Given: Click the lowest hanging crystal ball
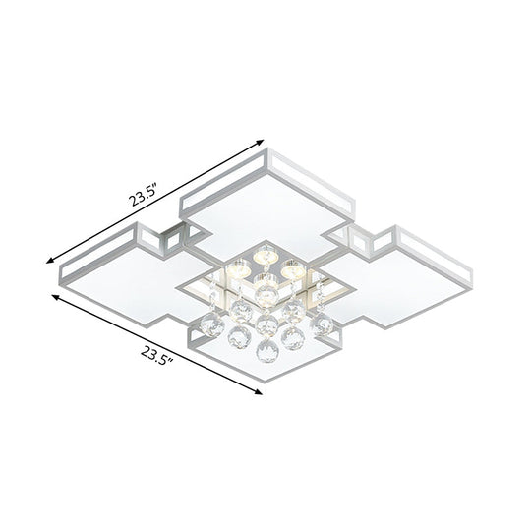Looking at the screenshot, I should pyautogui.click(x=262, y=349).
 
